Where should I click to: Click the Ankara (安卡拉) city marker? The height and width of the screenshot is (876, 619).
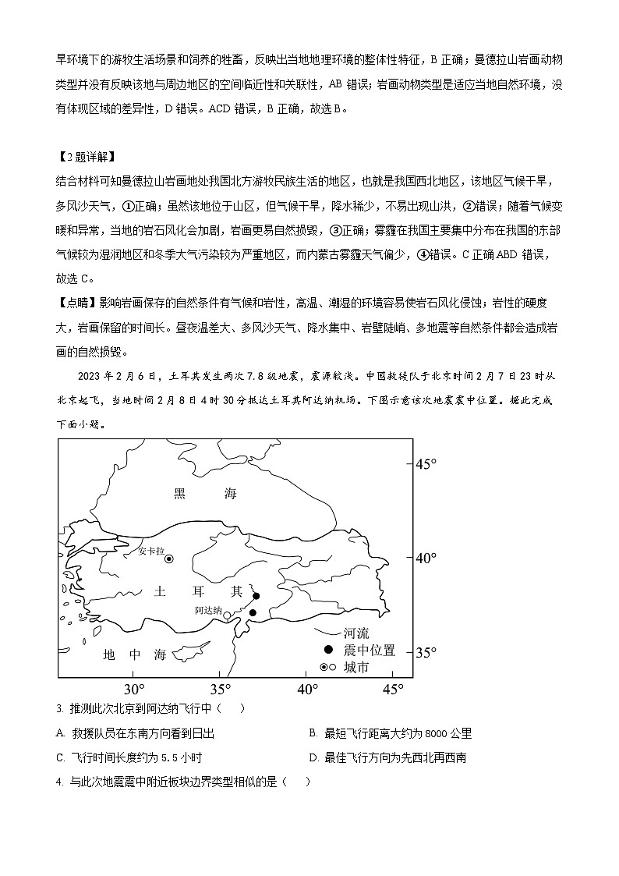[168, 559]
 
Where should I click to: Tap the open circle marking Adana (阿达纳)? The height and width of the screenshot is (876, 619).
[228, 615]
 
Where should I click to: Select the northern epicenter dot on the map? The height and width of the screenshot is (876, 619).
[256, 596]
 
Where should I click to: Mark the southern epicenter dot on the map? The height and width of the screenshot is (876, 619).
[253, 613]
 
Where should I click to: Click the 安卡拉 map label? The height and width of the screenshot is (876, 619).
[150, 551]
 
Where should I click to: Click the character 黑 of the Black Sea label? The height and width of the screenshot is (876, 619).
[180, 493]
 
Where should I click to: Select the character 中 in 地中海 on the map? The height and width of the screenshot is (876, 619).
[133, 654]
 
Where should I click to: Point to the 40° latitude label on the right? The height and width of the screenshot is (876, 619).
[426, 559]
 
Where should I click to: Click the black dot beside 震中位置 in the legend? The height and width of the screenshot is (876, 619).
[328, 651]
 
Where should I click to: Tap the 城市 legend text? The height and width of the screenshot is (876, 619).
[356, 668]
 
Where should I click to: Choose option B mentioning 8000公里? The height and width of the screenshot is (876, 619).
[390, 733]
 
